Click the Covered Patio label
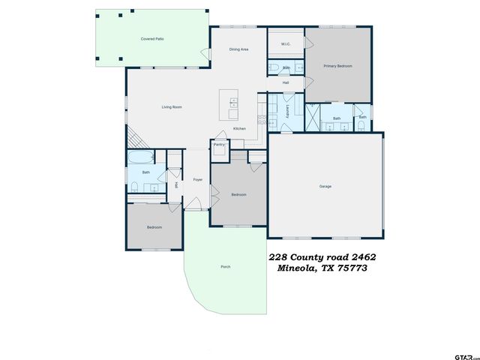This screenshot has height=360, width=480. pyautogui.click(x=152, y=38)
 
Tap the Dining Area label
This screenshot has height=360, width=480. pyautogui.click(x=238, y=49)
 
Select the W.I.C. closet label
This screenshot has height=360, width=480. pyautogui.click(x=286, y=44)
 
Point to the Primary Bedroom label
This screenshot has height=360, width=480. pyautogui.click(x=337, y=66)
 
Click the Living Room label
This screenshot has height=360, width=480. pyautogui.click(x=172, y=107)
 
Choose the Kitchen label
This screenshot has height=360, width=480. pyautogui.click(x=239, y=129)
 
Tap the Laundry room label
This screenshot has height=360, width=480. pyautogui.click(x=288, y=112)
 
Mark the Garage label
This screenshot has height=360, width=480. pyautogui.click(x=325, y=186)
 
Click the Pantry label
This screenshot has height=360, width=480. pyautogui.click(x=219, y=144)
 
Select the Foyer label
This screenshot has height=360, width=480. pyautogui.click(x=198, y=179)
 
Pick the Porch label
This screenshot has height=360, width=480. pyautogui.click(x=225, y=267)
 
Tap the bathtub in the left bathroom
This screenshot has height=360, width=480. pyautogui.click(x=141, y=157)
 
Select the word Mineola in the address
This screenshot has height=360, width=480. pyautogui.click(x=295, y=268)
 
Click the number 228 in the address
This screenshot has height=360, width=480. pyautogui.click(x=277, y=256)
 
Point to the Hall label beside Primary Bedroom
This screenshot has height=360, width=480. pyautogui.click(x=286, y=82)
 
